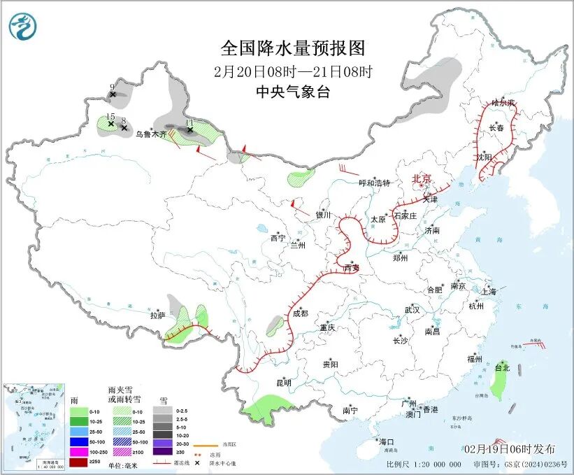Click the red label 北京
pyautogui.click(x=423, y=178)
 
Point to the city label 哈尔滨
pyautogui.click(x=503, y=103)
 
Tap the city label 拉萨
pyautogui.click(x=157, y=316)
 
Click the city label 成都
pyautogui.click(x=300, y=314)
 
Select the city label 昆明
pyautogui.click(x=283, y=383)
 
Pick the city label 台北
pyautogui.click(x=503, y=367)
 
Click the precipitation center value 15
pyautogui.click(x=110, y=116)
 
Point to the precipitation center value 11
pyautogui.click(x=189, y=122)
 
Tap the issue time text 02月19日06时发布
pyautogui.click(x=509, y=448)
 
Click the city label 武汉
pyautogui.click(x=412, y=310)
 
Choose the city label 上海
pyautogui.click(x=488, y=291)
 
